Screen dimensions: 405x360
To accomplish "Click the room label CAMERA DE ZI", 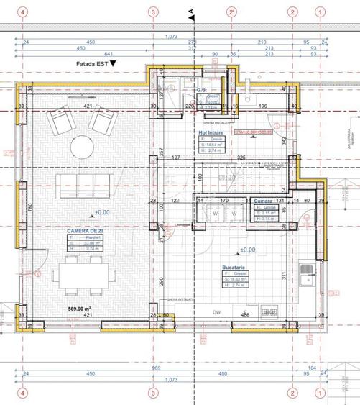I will (x=83, y=231).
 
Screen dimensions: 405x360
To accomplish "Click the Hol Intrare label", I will (x=212, y=134).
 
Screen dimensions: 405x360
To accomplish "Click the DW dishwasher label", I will (x=197, y=313).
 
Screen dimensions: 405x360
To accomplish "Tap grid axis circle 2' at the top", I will (x=231, y=13).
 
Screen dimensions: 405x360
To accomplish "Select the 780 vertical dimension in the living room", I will (x=31, y=206).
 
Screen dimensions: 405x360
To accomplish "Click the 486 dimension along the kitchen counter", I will (x=245, y=314).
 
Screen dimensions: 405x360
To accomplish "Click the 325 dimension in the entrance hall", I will (x=241, y=157).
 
